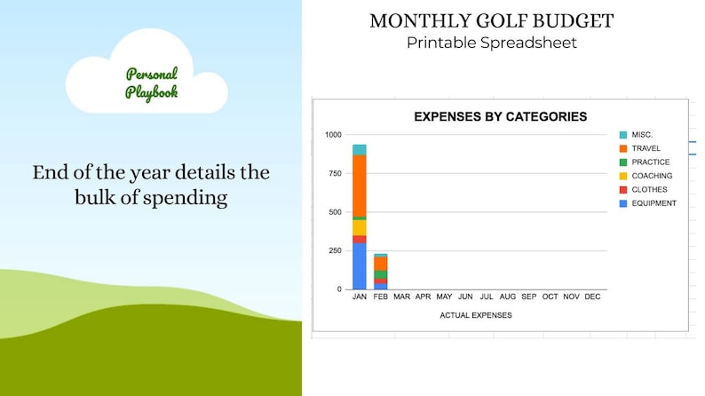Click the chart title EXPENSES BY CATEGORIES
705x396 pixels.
(501, 116)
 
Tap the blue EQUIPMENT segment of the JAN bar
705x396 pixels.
(359, 266)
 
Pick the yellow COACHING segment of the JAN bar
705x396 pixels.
(359, 227)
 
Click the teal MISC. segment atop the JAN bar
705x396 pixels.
(359, 149)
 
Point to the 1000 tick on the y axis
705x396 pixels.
(333, 135)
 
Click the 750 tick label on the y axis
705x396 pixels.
(335, 174)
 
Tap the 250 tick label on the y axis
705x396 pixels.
(335, 251)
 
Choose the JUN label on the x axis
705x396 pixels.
(464, 297)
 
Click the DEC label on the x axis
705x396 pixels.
(592, 297)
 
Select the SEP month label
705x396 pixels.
(528, 297)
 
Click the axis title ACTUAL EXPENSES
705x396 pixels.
(476, 315)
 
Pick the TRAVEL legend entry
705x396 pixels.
(645, 148)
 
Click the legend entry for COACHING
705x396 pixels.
(651, 176)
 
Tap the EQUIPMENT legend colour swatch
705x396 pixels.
(623, 203)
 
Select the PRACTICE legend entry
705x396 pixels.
(650, 162)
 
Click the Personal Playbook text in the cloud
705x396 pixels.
(150, 83)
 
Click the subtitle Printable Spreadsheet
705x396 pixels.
(491, 43)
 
